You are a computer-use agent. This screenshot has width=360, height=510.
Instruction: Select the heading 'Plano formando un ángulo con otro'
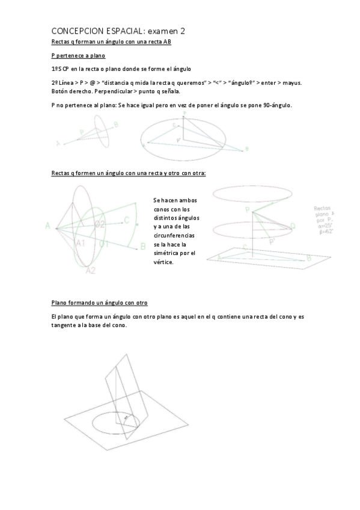point(99,303)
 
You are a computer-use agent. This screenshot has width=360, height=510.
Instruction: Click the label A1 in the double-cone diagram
point(81,243)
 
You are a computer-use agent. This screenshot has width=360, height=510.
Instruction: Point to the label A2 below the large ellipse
point(90,270)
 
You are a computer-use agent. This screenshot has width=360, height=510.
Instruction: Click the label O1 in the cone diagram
point(104,244)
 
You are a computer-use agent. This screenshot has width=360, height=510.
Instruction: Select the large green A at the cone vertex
point(47,226)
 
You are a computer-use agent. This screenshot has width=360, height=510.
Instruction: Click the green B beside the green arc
point(143,245)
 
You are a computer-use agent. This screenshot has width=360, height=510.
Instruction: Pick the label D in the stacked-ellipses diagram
point(292,226)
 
